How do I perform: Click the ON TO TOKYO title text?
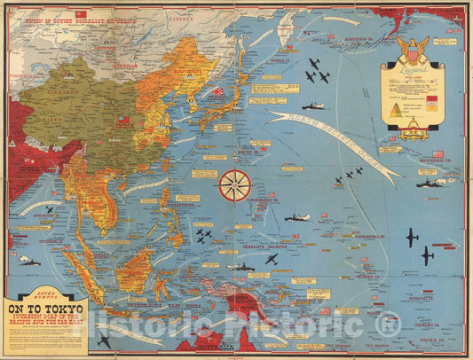coord(44,311)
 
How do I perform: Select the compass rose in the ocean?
coord(234,185)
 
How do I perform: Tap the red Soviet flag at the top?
coord(81,14)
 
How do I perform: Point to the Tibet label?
coord(56,134)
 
